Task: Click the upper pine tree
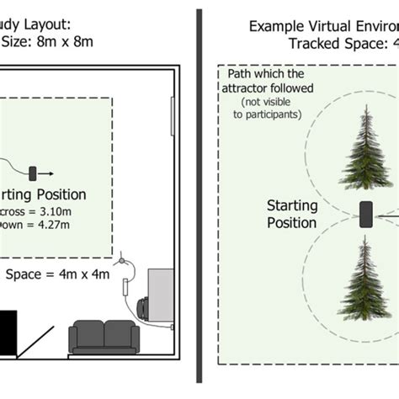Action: (364, 147)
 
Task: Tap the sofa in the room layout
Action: (103, 337)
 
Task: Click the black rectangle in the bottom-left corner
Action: (7, 333)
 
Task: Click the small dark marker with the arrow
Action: (34, 173)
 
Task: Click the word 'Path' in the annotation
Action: (241, 74)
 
